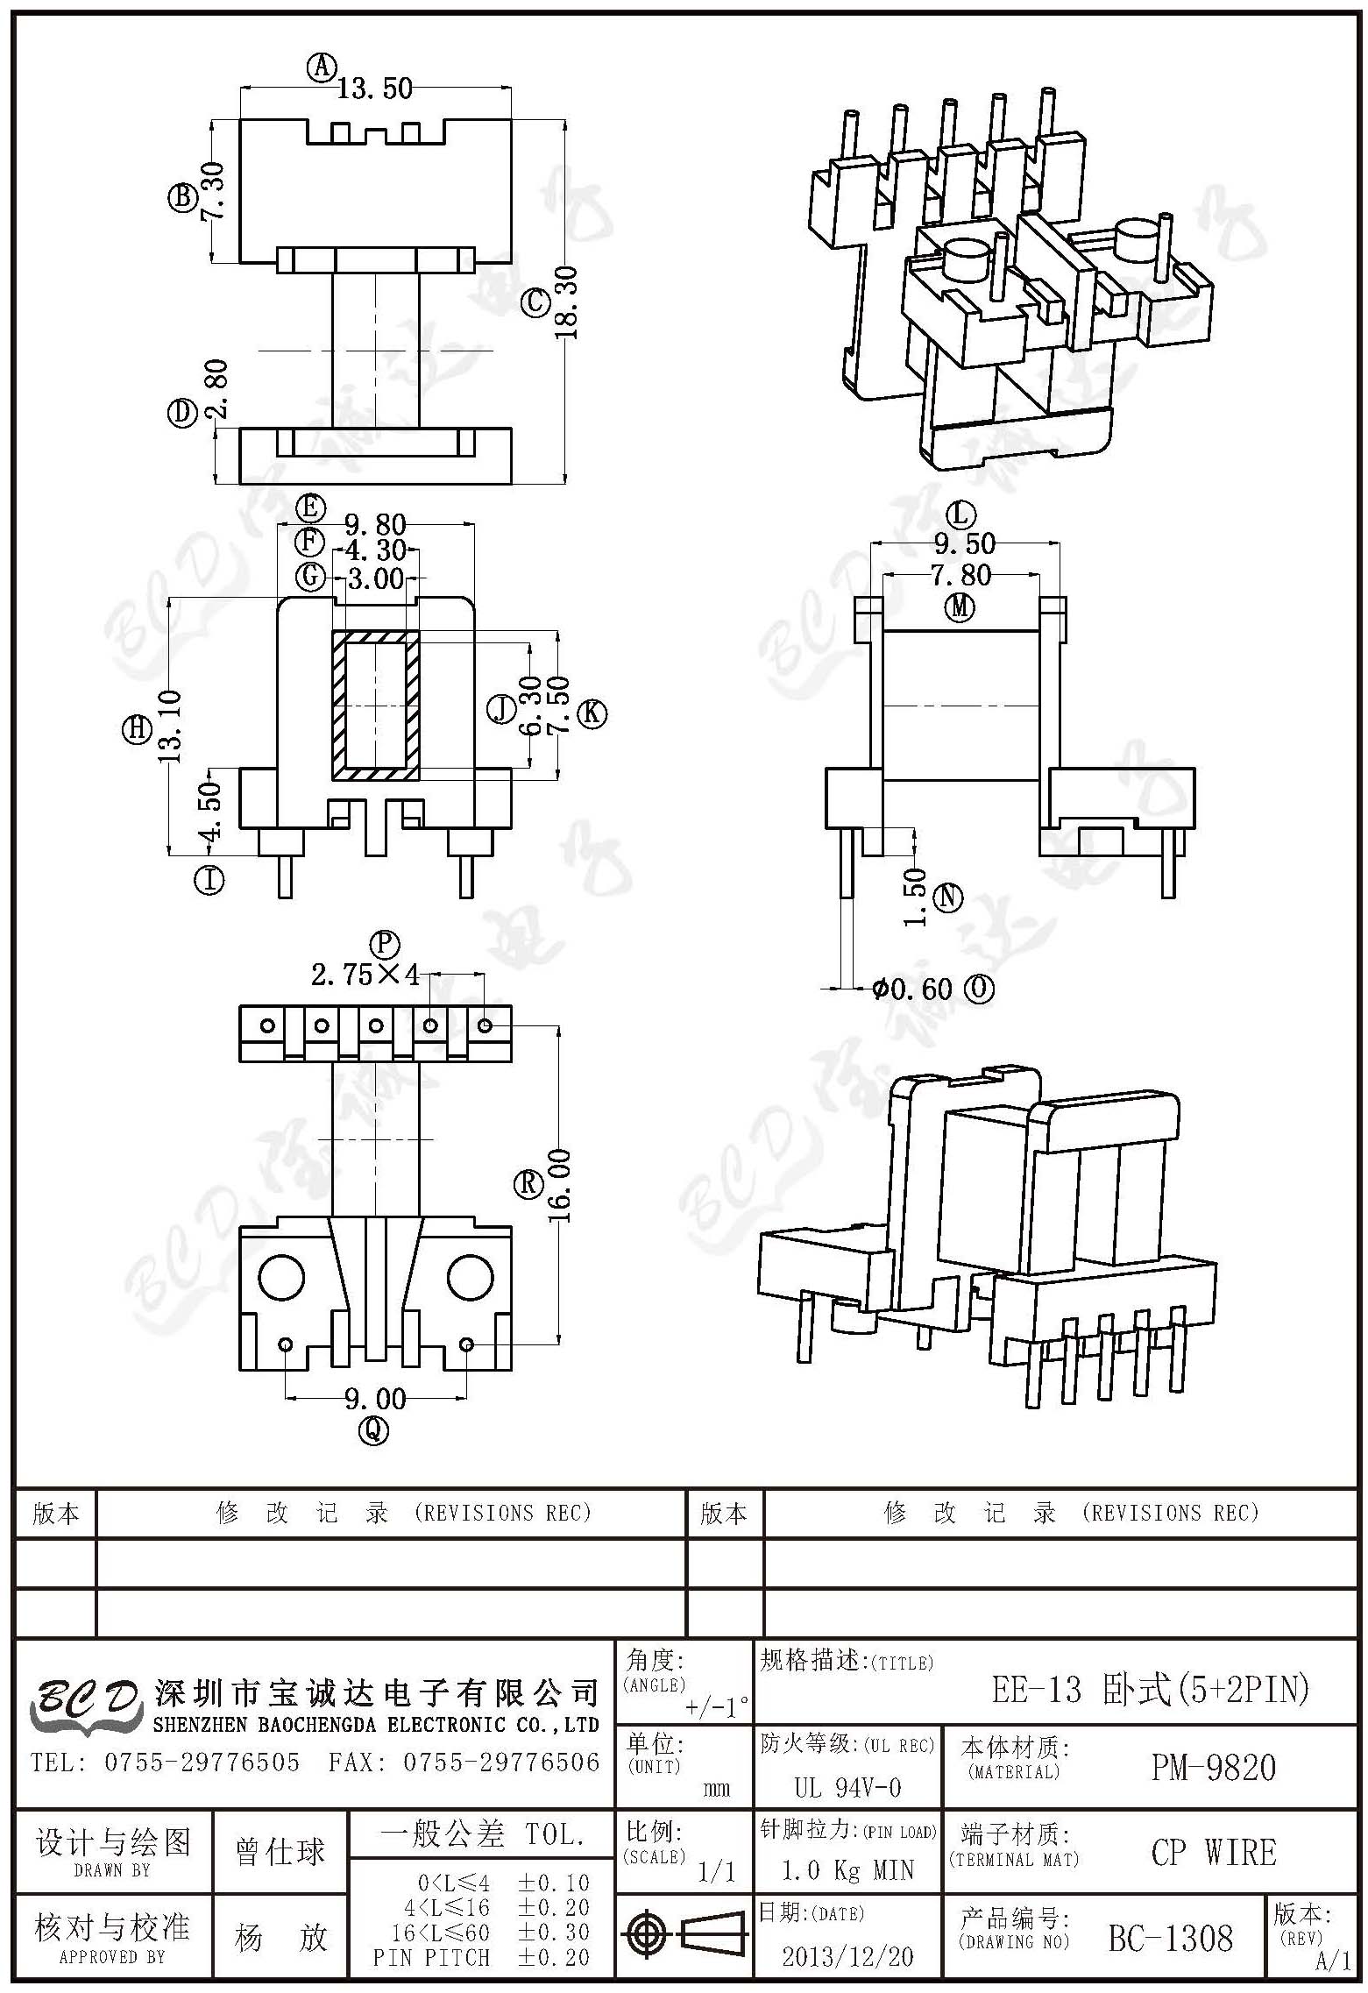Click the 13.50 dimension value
[375, 89]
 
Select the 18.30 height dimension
[565, 303]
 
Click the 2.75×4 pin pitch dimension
[365, 975]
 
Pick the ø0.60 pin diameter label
[912, 989]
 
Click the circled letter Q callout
[374, 1430]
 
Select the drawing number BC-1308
[1170, 1938]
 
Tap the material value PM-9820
[1214, 1768]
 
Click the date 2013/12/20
[847, 1956]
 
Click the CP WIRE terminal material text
[1214, 1852]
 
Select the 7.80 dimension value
[961, 575]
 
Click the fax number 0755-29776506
[501, 1762]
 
